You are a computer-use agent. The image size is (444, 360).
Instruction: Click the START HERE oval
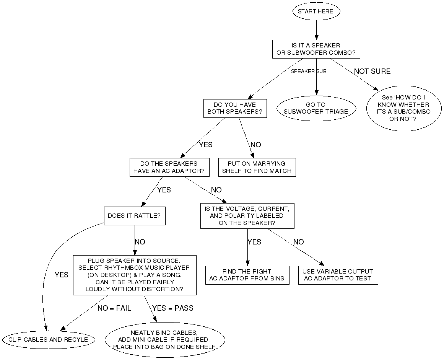point(316,11)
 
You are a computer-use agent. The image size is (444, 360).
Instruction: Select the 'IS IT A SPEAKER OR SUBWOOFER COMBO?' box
point(316,49)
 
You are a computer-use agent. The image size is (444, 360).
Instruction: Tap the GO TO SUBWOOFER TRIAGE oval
point(316,108)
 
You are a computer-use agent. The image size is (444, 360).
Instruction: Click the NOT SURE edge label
point(372,72)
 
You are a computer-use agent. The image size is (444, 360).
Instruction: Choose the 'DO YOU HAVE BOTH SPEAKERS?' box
point(235,108)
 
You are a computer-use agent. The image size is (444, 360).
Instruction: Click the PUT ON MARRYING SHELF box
point(257,167)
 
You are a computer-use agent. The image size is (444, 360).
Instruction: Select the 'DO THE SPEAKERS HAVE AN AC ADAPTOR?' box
point(169,167)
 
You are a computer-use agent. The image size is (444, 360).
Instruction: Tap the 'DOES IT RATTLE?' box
point(134,216)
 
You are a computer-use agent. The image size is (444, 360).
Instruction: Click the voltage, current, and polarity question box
point(247,216)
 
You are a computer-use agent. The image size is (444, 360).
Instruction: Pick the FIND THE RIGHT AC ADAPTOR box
point(247,275)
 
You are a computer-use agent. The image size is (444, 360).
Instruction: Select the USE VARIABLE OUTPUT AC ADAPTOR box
point(338,275)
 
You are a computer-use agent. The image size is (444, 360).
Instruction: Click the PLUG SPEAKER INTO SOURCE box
point(134,275)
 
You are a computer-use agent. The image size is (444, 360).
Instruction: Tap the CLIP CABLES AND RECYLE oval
point(48,339)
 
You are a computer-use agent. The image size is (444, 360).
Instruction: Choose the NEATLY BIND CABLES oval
point(164,340)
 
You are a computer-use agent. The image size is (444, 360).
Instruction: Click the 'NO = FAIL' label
point(114,308)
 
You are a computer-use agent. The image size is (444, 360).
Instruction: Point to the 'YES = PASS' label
point(173,308)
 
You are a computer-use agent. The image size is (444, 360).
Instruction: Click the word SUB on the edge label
point(321,72)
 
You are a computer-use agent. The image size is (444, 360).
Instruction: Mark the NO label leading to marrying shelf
point(256,145)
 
